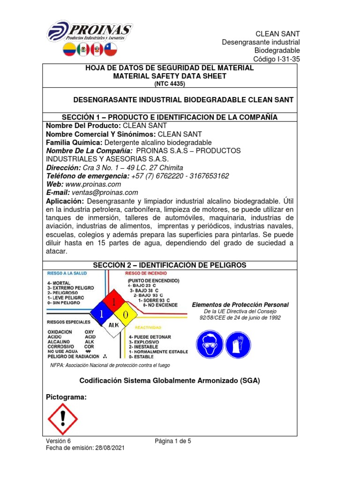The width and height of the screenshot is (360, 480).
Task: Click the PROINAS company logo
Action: click(90, 31)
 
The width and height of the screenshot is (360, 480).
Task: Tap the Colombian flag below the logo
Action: click(69, 50)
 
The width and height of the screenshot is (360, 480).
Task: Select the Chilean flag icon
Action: click(110, 50)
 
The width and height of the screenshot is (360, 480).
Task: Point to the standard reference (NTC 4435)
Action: click(169, 84)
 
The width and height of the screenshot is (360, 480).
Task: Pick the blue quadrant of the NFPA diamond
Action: click(101, 313)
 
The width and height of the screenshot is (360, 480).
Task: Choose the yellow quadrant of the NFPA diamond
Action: click(125, 313)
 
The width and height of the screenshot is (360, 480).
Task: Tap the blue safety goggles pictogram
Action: click(208, 346)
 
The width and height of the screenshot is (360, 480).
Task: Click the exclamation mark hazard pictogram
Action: click(63, 419)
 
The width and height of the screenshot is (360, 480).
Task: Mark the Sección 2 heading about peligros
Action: click(169, 265)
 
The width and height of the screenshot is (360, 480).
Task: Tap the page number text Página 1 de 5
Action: click(173, 441)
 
